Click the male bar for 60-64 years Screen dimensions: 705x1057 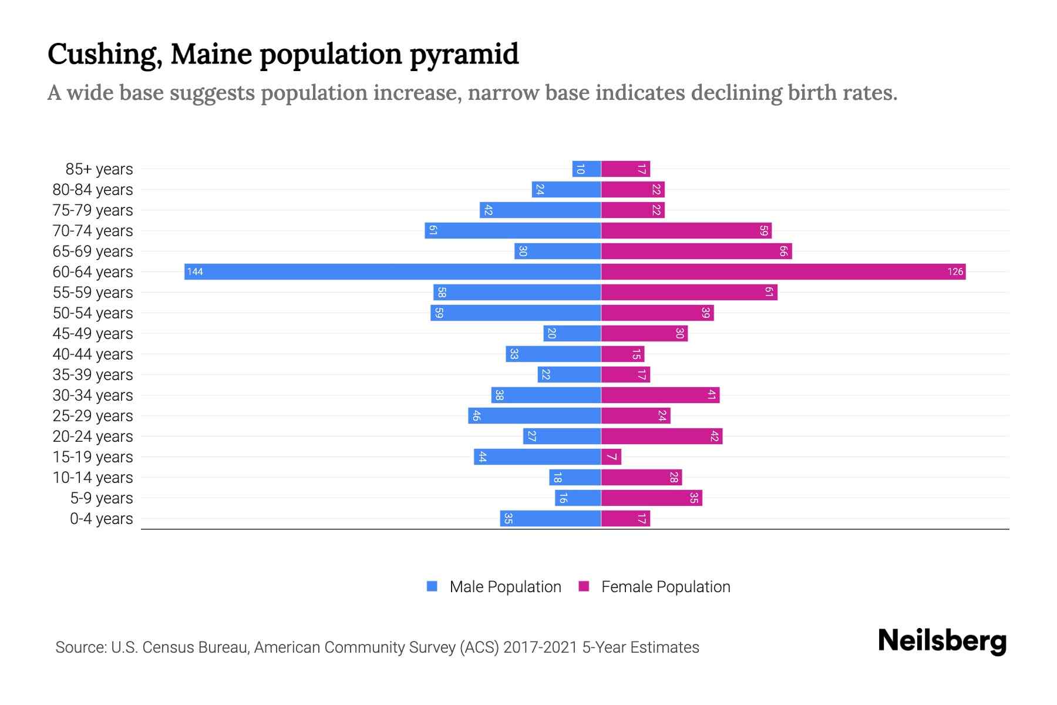click(392, 271)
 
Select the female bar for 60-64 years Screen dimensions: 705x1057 click(783, 271)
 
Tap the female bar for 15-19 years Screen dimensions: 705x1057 click(611, 456)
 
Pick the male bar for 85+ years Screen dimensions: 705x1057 click(586, 169)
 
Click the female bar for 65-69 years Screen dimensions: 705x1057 click(696, 251)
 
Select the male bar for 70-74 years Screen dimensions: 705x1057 click(513, 230)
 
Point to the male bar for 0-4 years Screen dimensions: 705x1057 click(550, 518)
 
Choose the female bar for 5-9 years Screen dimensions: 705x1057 click(651, 498)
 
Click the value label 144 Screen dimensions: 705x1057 click(195, 271)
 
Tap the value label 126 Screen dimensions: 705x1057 click(955, 271)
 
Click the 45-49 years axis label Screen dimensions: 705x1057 click(93, 334)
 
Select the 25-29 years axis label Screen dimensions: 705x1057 click(93, 416)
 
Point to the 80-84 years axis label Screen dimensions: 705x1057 click(93, 190)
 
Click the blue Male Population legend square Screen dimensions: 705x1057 click(432, 586)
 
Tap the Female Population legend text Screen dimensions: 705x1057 click(665, 587)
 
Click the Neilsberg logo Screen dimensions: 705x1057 click(942, 641)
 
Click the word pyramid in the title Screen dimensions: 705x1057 click(464, 55)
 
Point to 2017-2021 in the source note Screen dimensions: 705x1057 click(540, 647)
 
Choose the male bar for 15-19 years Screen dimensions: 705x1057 click(537, 456)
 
